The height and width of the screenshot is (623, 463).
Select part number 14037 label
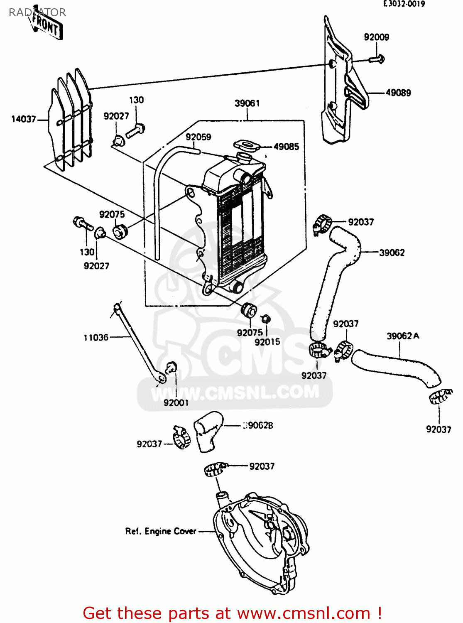[x=24, y=119]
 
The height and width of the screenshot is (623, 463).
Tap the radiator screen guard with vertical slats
[x=71, y=118]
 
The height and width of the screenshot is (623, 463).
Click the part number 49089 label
[x=398, y=93]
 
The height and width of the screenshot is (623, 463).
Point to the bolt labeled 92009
[x=377, y=59]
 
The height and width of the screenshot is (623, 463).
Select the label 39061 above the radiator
[x=247, y=103]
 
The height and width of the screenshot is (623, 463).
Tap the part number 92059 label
[x=198, y=137]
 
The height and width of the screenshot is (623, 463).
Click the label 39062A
[x=402, y=336]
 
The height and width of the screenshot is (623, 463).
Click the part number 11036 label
[x=96, y=338]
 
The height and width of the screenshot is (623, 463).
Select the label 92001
[x=176, y=402]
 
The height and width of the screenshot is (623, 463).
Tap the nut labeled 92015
[x=266, y=319]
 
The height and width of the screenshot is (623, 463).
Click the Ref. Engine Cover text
[x=161, y=531]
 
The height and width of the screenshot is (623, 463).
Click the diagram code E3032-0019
[x=404, y=4]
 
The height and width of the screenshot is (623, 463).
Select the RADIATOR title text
[x=37, y=12]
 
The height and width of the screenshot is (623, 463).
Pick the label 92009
[x=376, y=37]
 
